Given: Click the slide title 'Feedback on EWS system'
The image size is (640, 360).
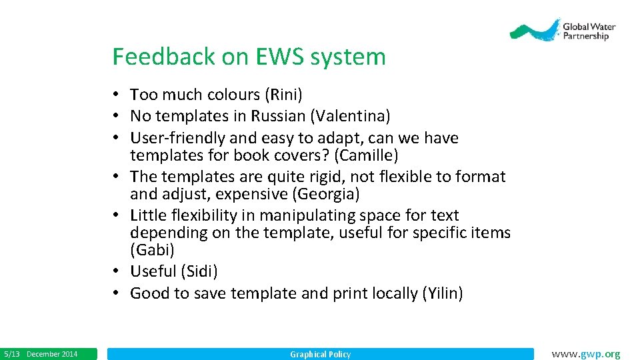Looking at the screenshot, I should tap(249, 57).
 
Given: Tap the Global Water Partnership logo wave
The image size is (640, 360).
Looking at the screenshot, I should tap(533, 31).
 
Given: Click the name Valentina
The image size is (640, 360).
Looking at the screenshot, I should tap(350, 116).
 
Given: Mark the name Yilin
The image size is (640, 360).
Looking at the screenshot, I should tap(443, 293).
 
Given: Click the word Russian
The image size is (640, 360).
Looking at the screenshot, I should tap(278, 116).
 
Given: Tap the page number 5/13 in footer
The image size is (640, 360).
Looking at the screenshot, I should tap(12, 354).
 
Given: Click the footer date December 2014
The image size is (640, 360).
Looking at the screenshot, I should tap(52, 354).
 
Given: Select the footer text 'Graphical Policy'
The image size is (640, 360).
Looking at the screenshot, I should tap(320, 354).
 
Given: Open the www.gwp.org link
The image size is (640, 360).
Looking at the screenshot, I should tap(586, 354).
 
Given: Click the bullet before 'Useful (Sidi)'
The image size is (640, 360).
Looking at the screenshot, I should tap(116, 271).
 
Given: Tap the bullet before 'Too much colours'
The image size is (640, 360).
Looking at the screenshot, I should tap(116, 95).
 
